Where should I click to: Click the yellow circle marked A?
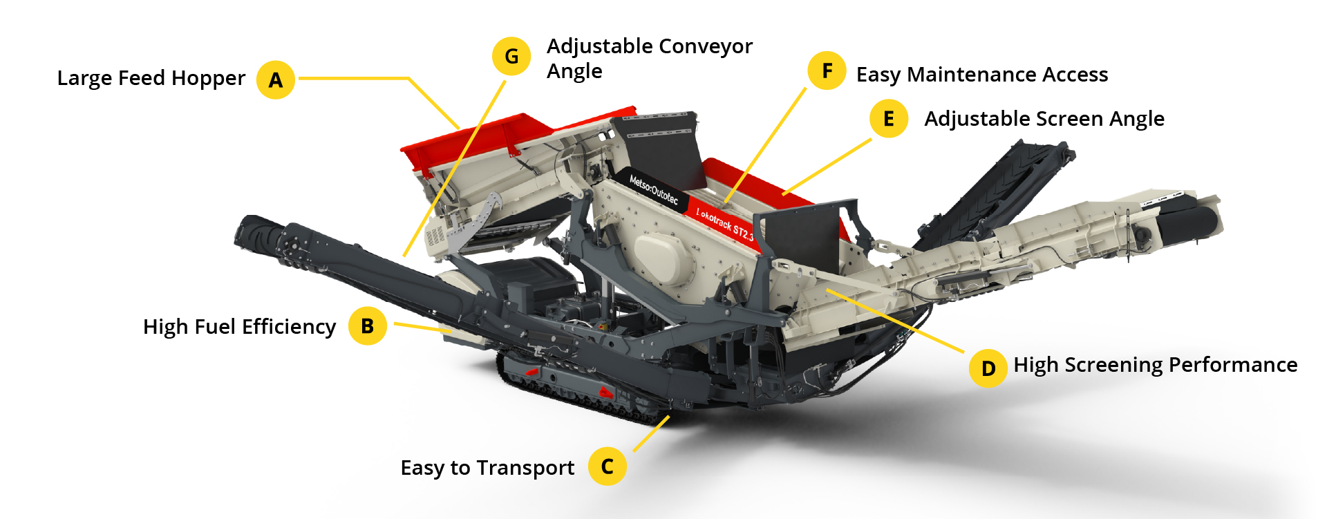point(276,80)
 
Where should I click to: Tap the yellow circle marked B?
point(367,325)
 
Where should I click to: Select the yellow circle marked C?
point(607,466)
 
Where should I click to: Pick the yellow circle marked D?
point(988,368)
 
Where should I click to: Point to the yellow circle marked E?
point(889,119)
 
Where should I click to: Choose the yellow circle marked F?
point(827,70)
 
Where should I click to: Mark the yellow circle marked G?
point(511,56)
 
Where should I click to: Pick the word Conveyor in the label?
point(708,46)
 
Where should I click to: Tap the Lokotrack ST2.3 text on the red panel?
point(724,223)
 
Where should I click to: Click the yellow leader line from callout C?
point(651,433)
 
